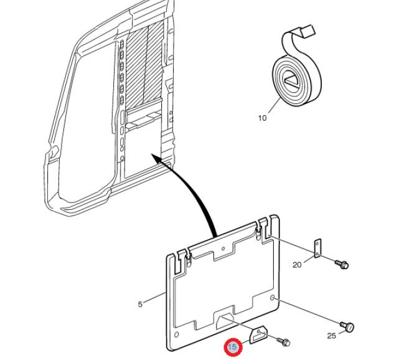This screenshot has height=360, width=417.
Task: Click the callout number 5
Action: click(141, 305)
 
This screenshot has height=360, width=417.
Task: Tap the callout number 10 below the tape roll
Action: click(262, 118)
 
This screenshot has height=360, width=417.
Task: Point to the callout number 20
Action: click(297, 265)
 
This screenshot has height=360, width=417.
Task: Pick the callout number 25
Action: click(332, 336)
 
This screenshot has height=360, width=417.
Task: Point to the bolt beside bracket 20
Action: click(341, 264)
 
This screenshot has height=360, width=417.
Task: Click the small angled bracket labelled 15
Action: click(258, 335)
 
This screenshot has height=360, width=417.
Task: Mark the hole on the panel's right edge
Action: click(273, 297)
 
